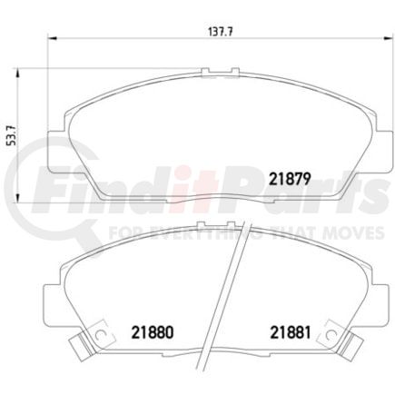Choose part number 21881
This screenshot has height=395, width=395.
coord(290,332)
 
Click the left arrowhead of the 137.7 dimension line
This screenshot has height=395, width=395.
coord(51,38)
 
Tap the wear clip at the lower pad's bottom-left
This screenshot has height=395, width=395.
coord(80,347)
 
